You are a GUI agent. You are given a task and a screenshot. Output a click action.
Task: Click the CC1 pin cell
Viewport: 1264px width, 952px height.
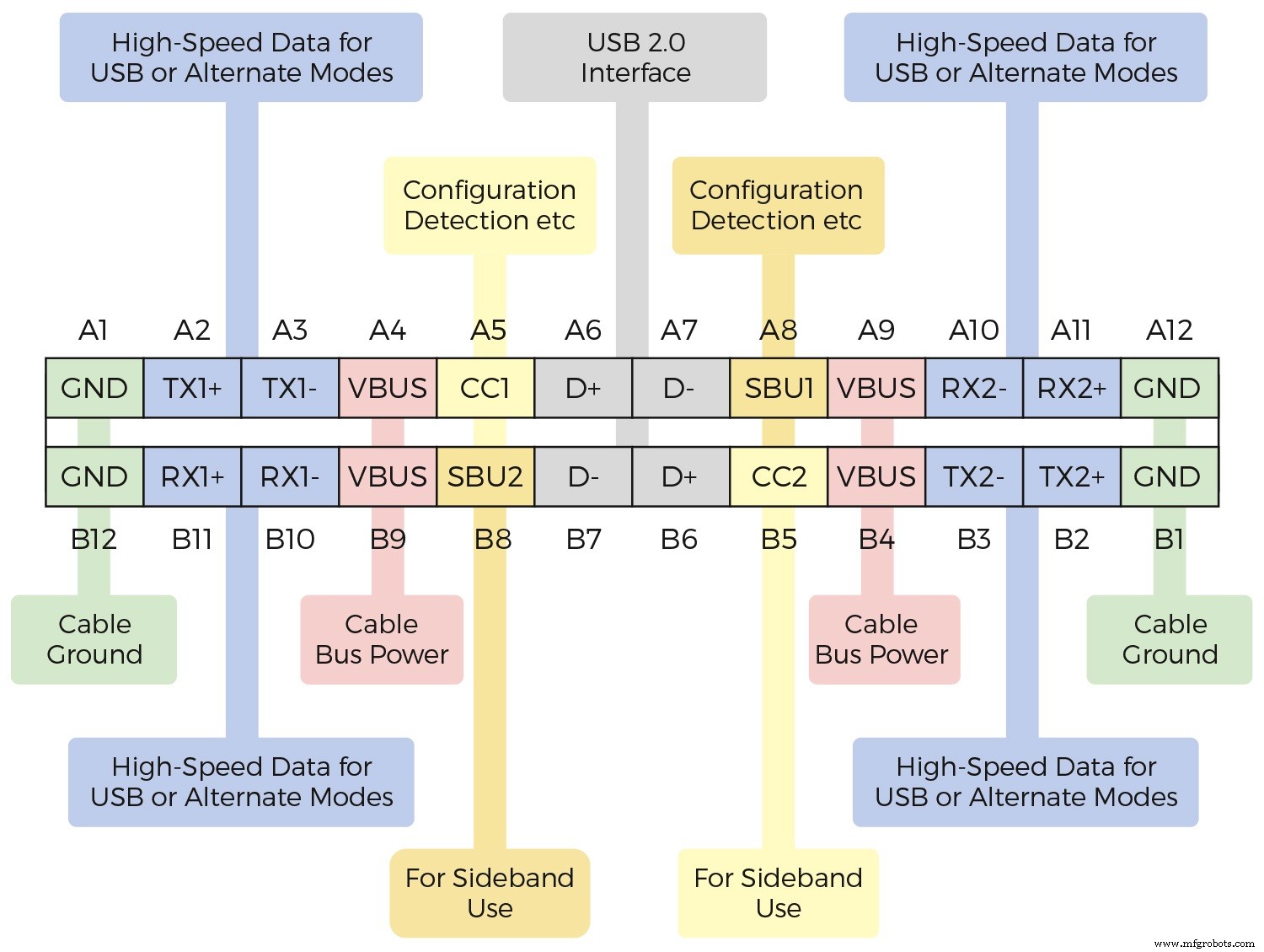pyautogui.click(x=485, y=388)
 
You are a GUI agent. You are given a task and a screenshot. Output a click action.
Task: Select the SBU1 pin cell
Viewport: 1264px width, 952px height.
pyautogui.click(x=779, y=388)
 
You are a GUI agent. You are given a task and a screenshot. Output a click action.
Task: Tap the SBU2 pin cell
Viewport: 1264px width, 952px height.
pyautogui.click(x=485, y=476)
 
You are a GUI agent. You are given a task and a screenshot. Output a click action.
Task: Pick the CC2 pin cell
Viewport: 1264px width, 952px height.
pyautogui.click(x=779, y=476)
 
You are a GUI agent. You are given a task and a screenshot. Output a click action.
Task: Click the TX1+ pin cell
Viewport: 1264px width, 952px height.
pyautogui.click(x=192, y=388)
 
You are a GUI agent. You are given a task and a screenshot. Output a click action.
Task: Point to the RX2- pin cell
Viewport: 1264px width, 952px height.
pyautogui.click(x=974, y=388)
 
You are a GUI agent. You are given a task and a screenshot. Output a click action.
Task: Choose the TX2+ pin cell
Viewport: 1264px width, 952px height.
pyautogui.click(x=1071, y=476)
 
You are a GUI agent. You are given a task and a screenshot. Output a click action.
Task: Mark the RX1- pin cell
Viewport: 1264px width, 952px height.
pyautogui.click(x=290, y=476)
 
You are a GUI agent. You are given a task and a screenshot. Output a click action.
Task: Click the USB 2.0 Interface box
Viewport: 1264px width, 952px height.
pyautogui.click(x=635, y=57)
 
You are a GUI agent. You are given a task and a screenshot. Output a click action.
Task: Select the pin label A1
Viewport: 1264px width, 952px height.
pyautogui.click(x=94, y=331)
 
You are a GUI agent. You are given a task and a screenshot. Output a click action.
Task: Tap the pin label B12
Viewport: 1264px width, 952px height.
pyautogui.click(x=94, y=539)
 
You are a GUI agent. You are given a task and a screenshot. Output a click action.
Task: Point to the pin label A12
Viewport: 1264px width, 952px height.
pyautogui.click(x=1169, y=331)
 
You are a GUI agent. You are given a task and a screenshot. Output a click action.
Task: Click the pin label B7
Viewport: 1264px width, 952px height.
pyautogui.click(x=583, y=539)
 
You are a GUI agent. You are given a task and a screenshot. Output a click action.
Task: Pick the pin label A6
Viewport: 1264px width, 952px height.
pyautogui.click(x=583, y=331)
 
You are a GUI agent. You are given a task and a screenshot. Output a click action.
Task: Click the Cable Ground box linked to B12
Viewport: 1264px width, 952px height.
pyautogui.click(x=94, y=639)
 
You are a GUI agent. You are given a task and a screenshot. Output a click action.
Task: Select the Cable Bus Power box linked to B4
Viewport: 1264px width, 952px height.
pyautogui.click(x=883, y=639)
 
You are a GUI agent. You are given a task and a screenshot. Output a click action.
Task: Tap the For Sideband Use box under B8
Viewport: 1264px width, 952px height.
pyautogui.click(x=490, y=893)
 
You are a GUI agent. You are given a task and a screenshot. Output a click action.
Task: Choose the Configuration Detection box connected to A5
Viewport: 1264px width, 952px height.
pyautogui.click(x=490, y=205)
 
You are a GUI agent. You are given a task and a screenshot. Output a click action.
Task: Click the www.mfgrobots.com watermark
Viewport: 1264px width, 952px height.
pyautogui.click(x=1204, y=944)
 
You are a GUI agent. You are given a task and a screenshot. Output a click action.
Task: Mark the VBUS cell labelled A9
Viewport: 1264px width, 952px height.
pyautogui.click(x=876, y=388)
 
